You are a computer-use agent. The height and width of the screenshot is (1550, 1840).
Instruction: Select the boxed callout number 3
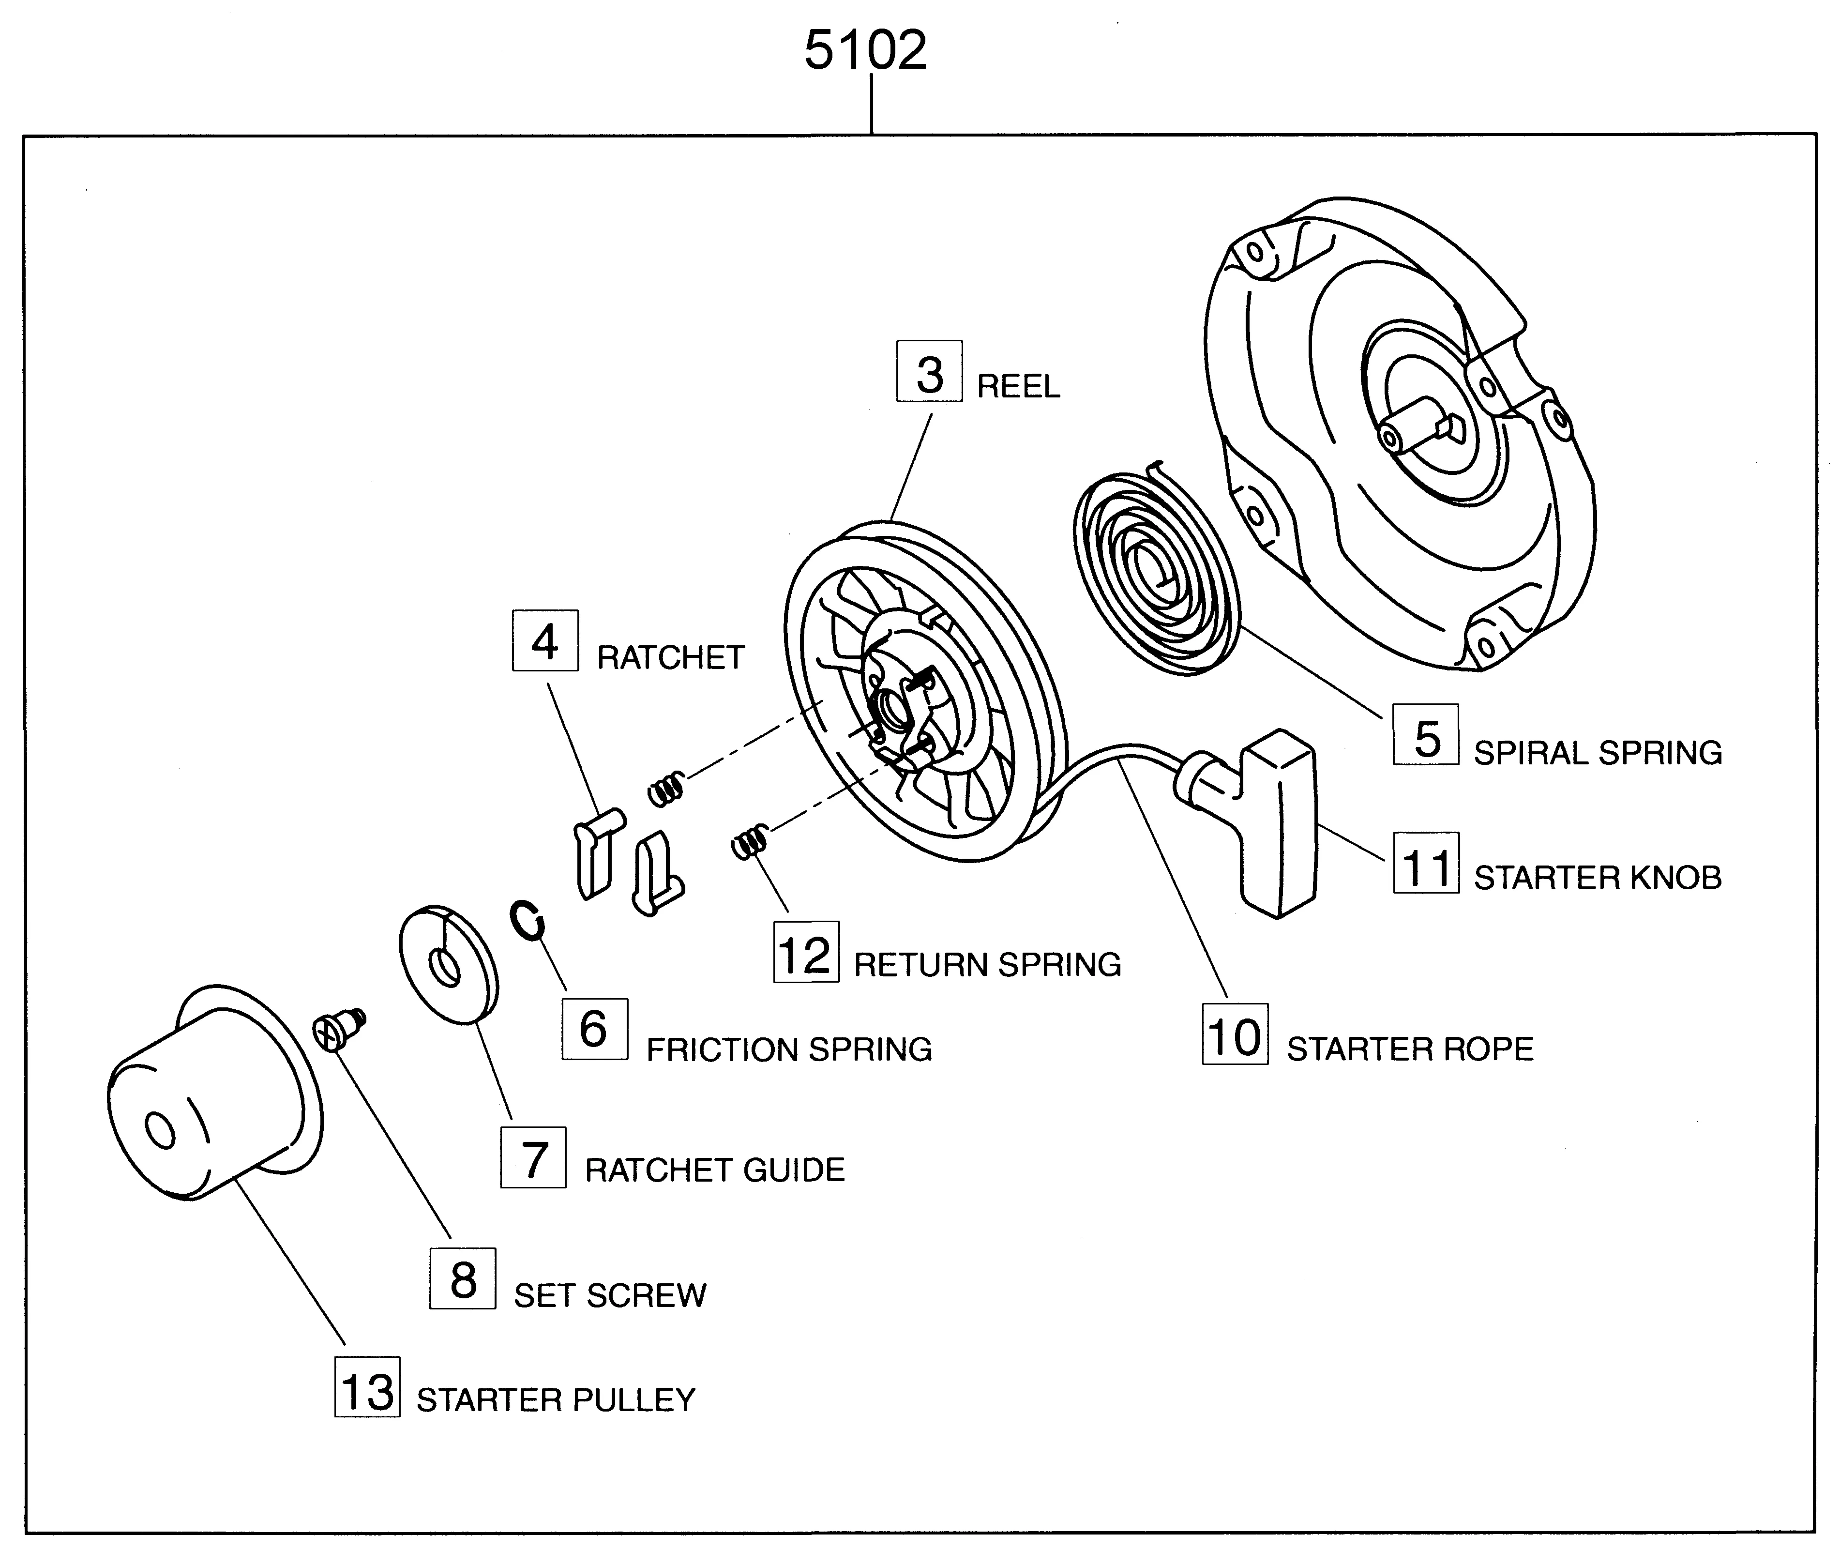point(929,373)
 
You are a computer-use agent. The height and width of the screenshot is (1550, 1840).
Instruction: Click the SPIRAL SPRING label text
point(1597,753)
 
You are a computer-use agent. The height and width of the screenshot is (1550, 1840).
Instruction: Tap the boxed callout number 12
point(805,953)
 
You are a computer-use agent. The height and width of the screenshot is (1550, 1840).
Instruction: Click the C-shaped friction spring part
point(528,920)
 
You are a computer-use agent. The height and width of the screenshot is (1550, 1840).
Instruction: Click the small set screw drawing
point(338,1028)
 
